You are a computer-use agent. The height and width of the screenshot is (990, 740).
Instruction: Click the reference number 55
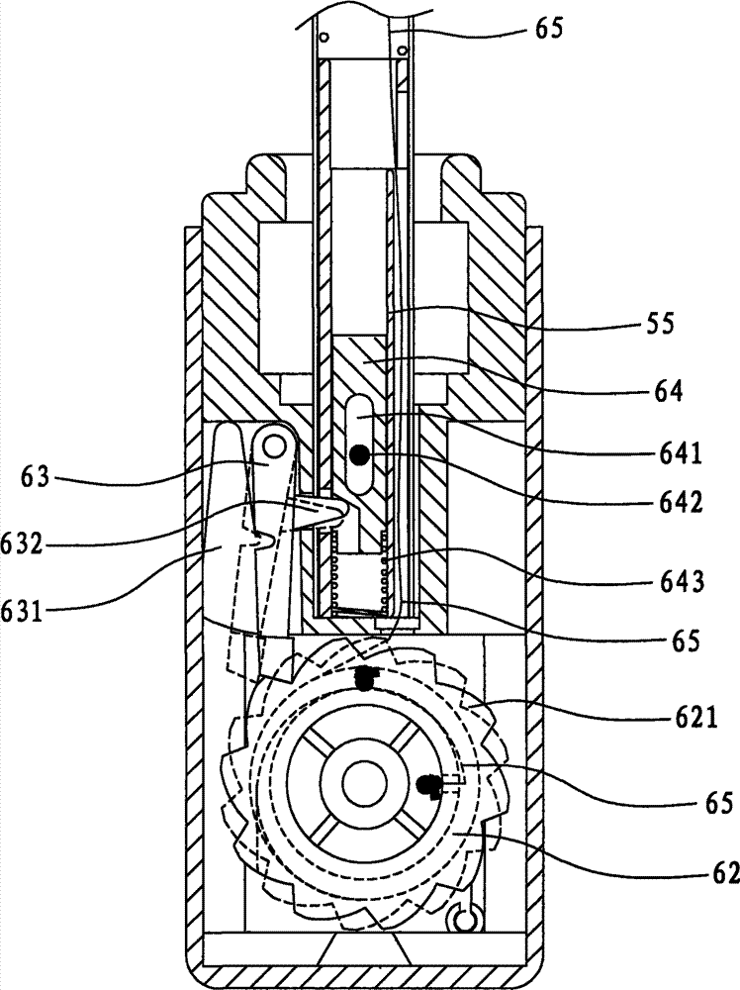point(658,324)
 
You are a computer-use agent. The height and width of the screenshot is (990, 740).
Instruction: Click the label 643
point(679,581)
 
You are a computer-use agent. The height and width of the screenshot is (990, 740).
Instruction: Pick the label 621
point(693,718)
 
